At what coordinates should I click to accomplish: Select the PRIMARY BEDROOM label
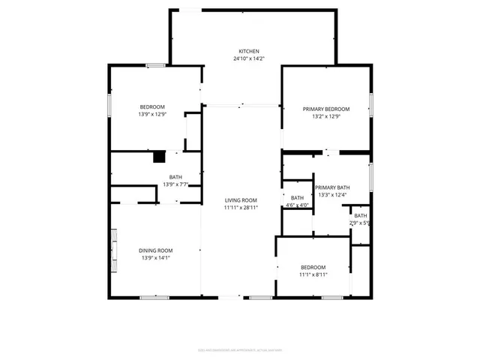(326, 109)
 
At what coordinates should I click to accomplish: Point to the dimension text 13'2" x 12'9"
(326, 116)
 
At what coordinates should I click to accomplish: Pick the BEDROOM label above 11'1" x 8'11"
(313, 267)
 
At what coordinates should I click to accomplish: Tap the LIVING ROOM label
(241, 199)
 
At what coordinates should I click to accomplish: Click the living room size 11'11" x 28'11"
(241, 207)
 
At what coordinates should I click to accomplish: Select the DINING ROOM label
(155, 250)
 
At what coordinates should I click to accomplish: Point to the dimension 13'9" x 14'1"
(155, 257)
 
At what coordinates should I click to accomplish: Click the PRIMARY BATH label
(332, 187)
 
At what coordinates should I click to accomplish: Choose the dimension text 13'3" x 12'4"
(332, 195)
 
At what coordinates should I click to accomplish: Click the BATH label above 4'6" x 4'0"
(297, 198)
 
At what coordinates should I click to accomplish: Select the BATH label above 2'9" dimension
(361, 216)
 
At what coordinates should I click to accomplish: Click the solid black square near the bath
(159, 157)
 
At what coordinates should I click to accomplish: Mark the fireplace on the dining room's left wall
(113, 250)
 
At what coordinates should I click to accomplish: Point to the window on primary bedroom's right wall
(370, 105)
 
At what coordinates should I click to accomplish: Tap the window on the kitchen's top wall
(191, 10)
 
